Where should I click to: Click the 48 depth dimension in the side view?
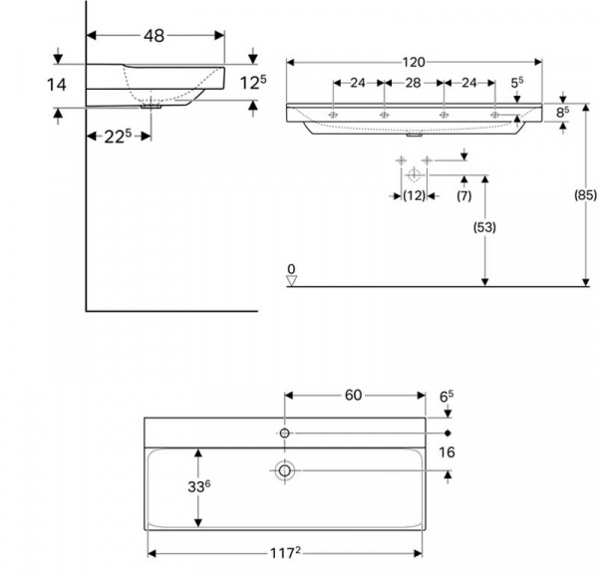pyautogui.click(x=154, y=36)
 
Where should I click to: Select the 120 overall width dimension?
pyautogui.click(x=414, y=62)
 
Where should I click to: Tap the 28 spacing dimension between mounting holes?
pyautogui.click(x=413, y=83)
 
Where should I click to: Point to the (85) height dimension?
pyautogui.click(x=585, y=195)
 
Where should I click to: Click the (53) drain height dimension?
pyautogui.click(x=484, y=227)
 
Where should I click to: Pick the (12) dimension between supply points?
pyautogui.click(x=415, y=195)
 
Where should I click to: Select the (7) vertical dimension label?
pyautogui.click(x=464, y=195)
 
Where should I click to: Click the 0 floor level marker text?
pyautogui.click(x=291, y=269)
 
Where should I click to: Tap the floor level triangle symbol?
pyautogui.click(x=292, y=281)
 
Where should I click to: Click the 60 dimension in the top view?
pyautogui.click(x=353, y=395)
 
